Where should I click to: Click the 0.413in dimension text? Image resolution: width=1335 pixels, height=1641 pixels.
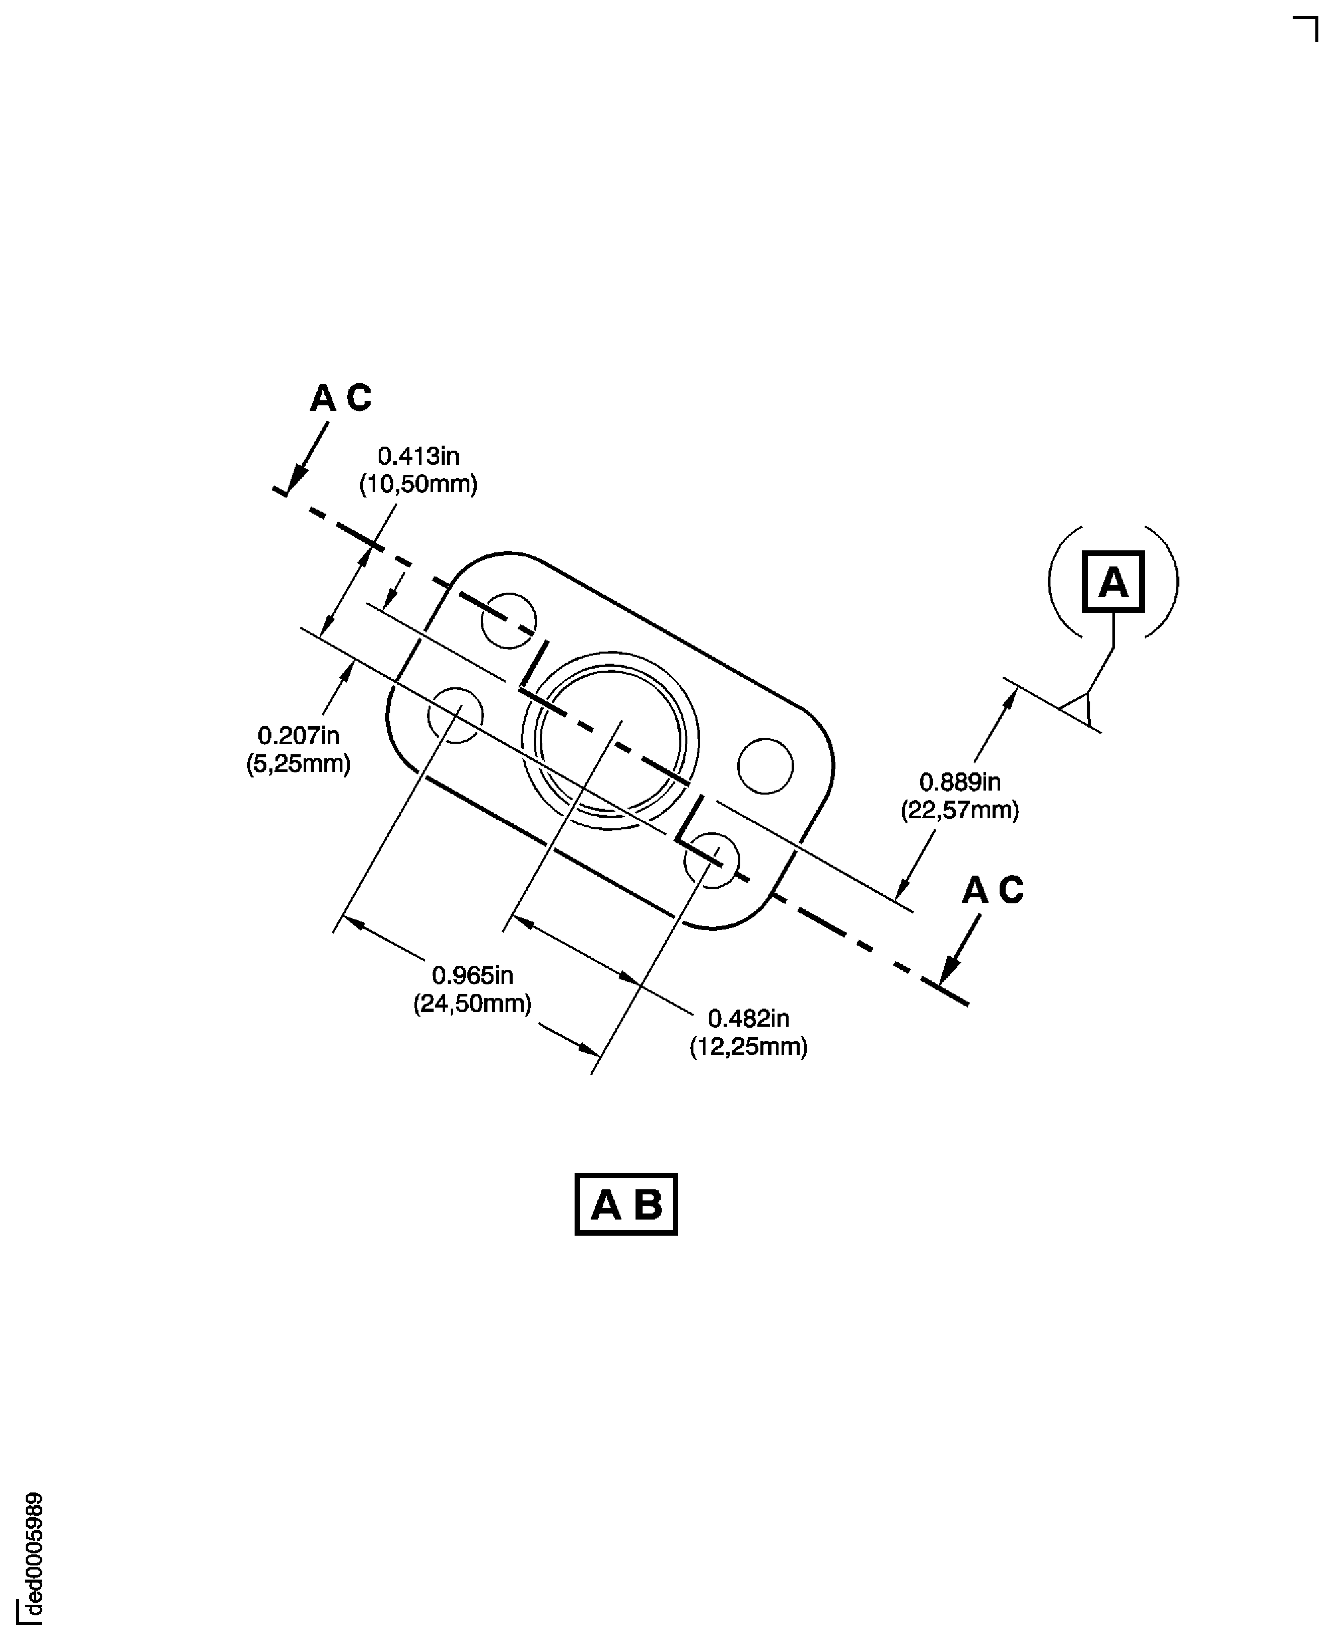click(418, 456)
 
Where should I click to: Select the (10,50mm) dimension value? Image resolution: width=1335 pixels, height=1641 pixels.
click(418, 484)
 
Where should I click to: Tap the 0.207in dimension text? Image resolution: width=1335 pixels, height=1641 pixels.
click(299, 736)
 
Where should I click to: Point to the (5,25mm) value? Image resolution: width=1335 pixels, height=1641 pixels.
click(299, 764)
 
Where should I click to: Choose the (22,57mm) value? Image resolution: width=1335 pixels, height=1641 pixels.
click(960, 811)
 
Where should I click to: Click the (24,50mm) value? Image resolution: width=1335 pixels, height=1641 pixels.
click(472, 1004)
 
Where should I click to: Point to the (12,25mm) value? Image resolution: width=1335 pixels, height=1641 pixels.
click(748, 1046)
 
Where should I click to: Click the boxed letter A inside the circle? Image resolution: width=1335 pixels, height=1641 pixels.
click(1113, 582)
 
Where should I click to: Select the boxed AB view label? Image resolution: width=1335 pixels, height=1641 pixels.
click(625, 1204)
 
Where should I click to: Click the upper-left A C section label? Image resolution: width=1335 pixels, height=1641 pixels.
click(340, 398)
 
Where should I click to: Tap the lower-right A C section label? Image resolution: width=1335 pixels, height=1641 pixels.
click(992, 890)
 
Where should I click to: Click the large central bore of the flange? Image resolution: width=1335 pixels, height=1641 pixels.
click(610, 740)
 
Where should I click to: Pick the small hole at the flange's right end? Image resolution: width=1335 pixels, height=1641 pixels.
click(764, 765)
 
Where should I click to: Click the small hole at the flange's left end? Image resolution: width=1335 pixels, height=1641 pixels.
click(455, 715)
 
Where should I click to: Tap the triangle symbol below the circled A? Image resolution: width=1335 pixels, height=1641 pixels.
click(1079, 706)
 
